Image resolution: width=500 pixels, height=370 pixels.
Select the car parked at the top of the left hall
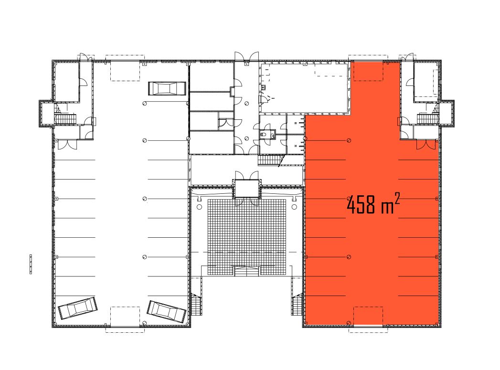click(x=167, y=88)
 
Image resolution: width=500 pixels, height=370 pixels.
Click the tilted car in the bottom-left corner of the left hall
click(x=78, y=308)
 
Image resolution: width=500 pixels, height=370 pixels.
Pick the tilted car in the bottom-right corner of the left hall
click(x=167, y=311)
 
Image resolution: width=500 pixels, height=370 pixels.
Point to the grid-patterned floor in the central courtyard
click(x=247, y=237)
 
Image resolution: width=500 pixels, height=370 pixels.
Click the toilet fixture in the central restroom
click(x=264, y=135)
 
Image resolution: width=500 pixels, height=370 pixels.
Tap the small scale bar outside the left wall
click(x=31, y=264)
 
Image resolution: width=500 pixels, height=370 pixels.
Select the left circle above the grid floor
click(x=199, y=207)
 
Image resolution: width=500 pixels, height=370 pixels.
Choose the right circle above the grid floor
click(x=294, y=207)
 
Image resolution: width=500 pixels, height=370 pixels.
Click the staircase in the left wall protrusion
click(x=66, y=119)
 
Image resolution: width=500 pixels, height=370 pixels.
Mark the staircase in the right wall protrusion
click(x=428, y=119)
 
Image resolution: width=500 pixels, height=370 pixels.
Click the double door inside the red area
click(x=426, y=144)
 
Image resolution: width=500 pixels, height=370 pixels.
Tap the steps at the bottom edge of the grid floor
click(x=247, y=272)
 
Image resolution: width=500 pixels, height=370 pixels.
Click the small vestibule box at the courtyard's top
click(x=247, y=189)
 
